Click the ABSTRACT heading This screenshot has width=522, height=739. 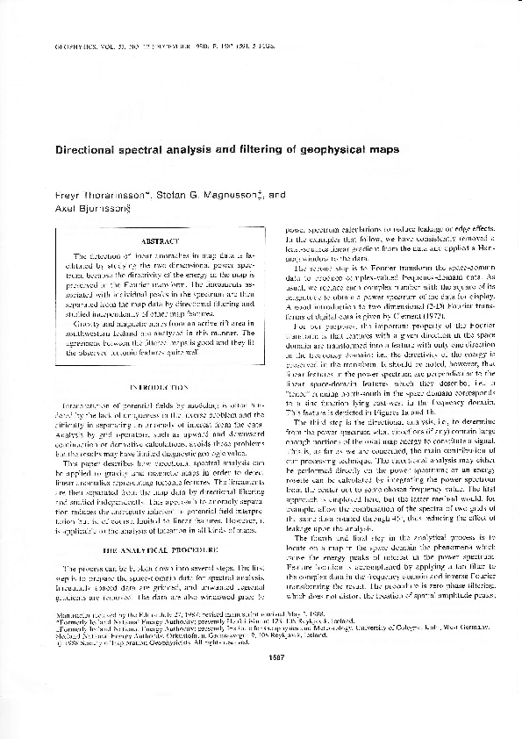point(160,240)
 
